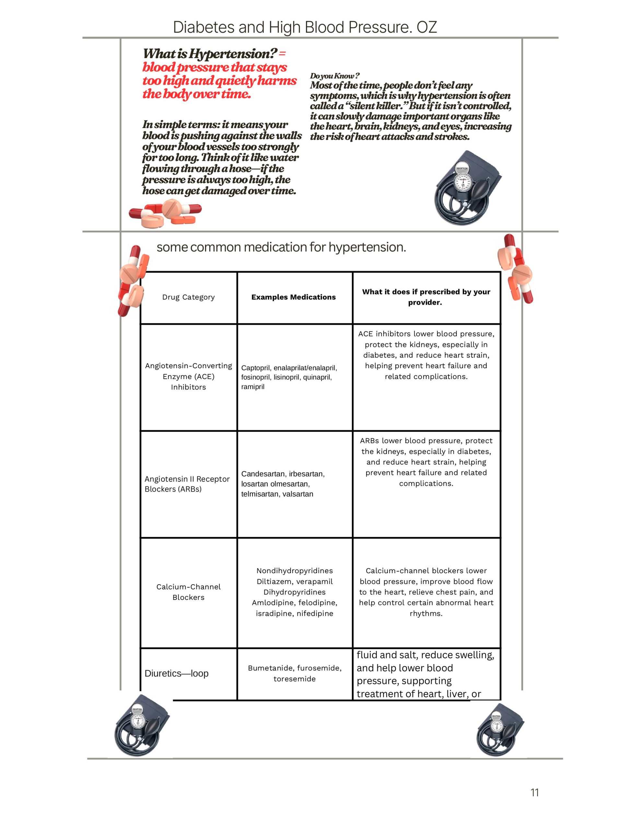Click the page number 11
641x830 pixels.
tap(534, 792)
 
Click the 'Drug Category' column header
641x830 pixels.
tap(189, 297)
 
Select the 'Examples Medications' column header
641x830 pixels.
tap(293, 297)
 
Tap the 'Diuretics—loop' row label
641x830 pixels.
tap(177, 673)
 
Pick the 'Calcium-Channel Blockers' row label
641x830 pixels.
tap(189, 592)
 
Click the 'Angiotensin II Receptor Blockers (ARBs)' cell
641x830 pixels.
tap(187, 484)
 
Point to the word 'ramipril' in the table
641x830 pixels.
tap(253, 387)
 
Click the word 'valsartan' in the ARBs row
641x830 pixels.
tap(298, 494)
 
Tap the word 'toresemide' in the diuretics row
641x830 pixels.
tap(295, 679)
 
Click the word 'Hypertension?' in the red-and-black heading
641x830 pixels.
tap(233, 54)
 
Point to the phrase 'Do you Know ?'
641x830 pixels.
tap(334, 76)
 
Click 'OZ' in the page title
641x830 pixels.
tap(427, 27)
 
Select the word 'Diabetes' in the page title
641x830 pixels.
tap(203, 27)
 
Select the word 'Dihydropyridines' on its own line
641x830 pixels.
tap(295, 592)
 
